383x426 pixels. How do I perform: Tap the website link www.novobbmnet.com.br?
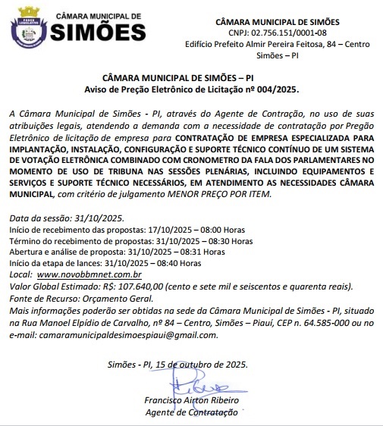[89, 274]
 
